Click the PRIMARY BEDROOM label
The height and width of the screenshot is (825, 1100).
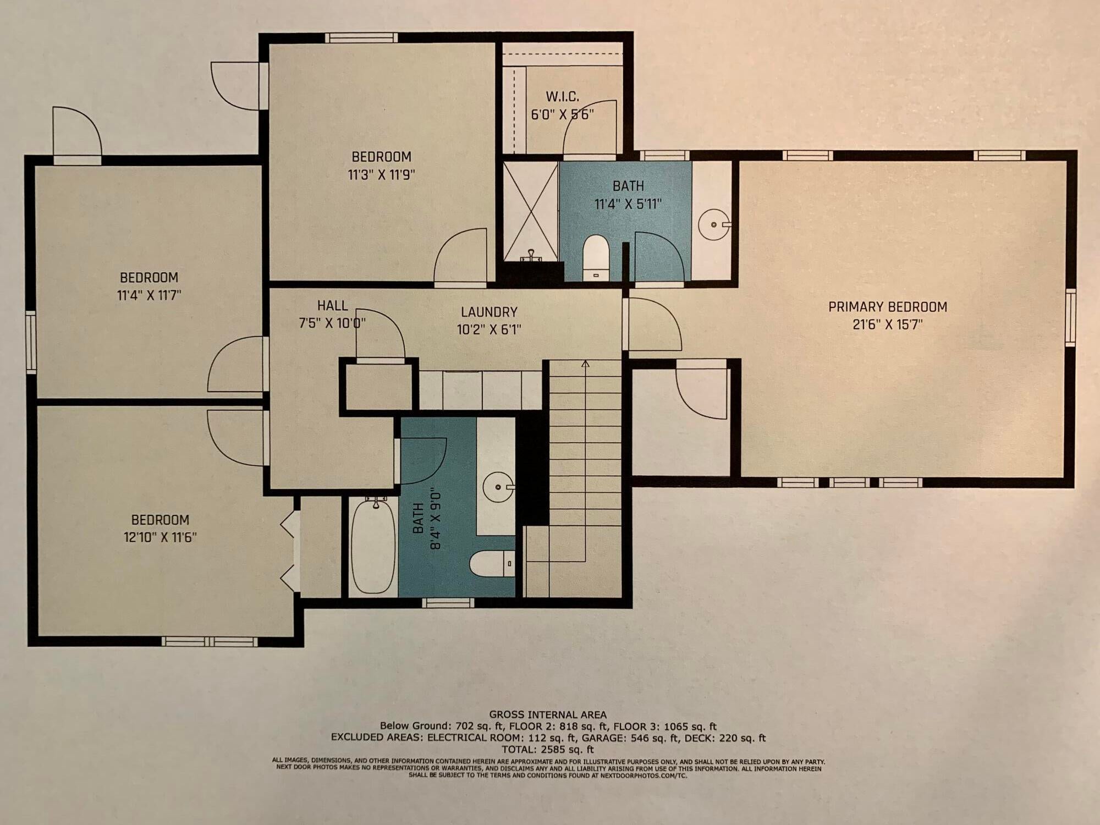(888, 306)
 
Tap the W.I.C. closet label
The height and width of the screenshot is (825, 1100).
(562, 97)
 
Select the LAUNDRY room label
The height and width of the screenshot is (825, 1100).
(489, 312)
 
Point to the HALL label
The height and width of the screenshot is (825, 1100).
(332, 305)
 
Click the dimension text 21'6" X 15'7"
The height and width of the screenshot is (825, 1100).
(888, 324)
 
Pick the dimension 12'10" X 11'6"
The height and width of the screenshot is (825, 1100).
(160, 537)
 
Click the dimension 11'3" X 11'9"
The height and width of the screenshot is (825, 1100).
(381, 175)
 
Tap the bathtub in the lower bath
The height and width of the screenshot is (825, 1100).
(373, 545)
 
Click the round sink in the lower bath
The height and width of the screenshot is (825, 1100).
(499, 487)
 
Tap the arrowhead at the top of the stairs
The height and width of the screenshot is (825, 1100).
(585, 364)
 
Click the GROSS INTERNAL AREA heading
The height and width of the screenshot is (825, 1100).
(548, 715)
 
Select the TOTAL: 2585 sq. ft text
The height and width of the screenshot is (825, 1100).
(548, 749)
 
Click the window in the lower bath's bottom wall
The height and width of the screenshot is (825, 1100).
(448, 602)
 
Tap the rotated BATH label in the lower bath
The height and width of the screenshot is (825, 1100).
(419, 519)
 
